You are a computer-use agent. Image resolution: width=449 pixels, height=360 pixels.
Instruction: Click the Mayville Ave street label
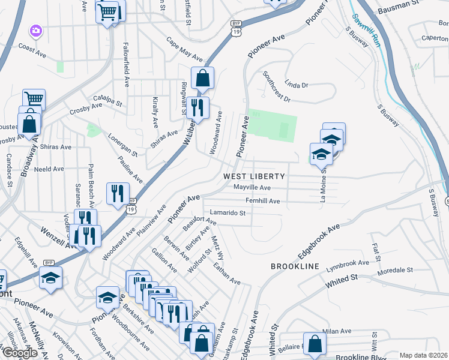(252, 188)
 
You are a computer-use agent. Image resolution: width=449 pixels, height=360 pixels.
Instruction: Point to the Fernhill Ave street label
(262, 201)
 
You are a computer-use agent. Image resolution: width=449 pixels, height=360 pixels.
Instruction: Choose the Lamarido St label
(228, 212)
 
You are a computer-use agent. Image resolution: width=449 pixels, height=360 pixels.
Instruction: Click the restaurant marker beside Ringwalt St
(197, 108)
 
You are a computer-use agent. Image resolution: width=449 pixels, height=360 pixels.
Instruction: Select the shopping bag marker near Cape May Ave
(203, 77)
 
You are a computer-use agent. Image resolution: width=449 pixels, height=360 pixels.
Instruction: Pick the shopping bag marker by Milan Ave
(315, 344)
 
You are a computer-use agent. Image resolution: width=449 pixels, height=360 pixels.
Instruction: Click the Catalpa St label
(107, 100)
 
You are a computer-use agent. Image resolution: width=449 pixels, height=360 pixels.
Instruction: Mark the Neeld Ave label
(49, 169)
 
